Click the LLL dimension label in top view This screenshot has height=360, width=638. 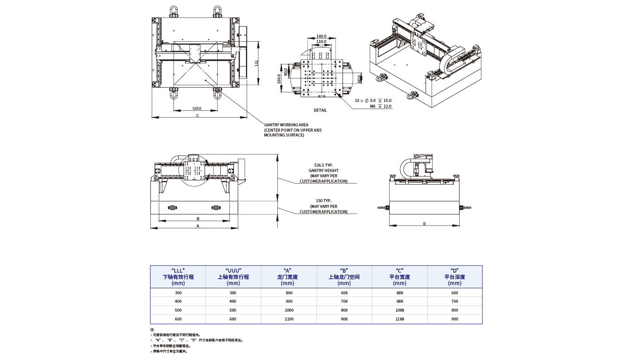256,63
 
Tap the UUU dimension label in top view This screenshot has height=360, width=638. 197,108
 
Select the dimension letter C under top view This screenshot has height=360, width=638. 197,116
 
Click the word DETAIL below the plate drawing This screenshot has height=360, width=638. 320,110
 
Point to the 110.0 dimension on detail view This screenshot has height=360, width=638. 321,42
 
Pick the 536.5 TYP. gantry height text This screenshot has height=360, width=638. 323,165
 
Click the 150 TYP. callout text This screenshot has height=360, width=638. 323,201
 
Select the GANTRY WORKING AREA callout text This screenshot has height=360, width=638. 286,125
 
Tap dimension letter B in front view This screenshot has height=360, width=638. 198,219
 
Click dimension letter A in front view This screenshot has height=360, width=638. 198,226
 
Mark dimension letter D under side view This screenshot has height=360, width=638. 424,224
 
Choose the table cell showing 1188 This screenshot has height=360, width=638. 399,319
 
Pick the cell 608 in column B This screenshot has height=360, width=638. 344,293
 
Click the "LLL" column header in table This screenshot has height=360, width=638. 178,277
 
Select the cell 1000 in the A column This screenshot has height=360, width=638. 289,310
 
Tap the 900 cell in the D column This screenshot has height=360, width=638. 454,319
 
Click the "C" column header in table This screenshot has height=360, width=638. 399,277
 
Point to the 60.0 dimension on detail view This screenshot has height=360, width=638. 359,78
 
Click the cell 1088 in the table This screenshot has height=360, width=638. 399,310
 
